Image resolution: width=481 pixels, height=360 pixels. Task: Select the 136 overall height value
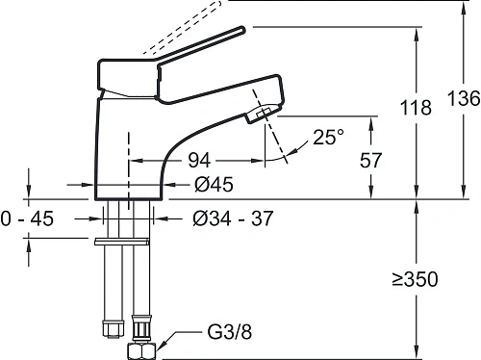[461, 99]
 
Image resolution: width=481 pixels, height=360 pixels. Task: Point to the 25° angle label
[326, 139]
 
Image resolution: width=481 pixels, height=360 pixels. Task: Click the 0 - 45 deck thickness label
[26, 219]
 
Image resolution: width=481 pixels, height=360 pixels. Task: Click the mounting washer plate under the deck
[124, 239]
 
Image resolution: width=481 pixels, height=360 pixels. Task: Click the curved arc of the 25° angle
[285, 163]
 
